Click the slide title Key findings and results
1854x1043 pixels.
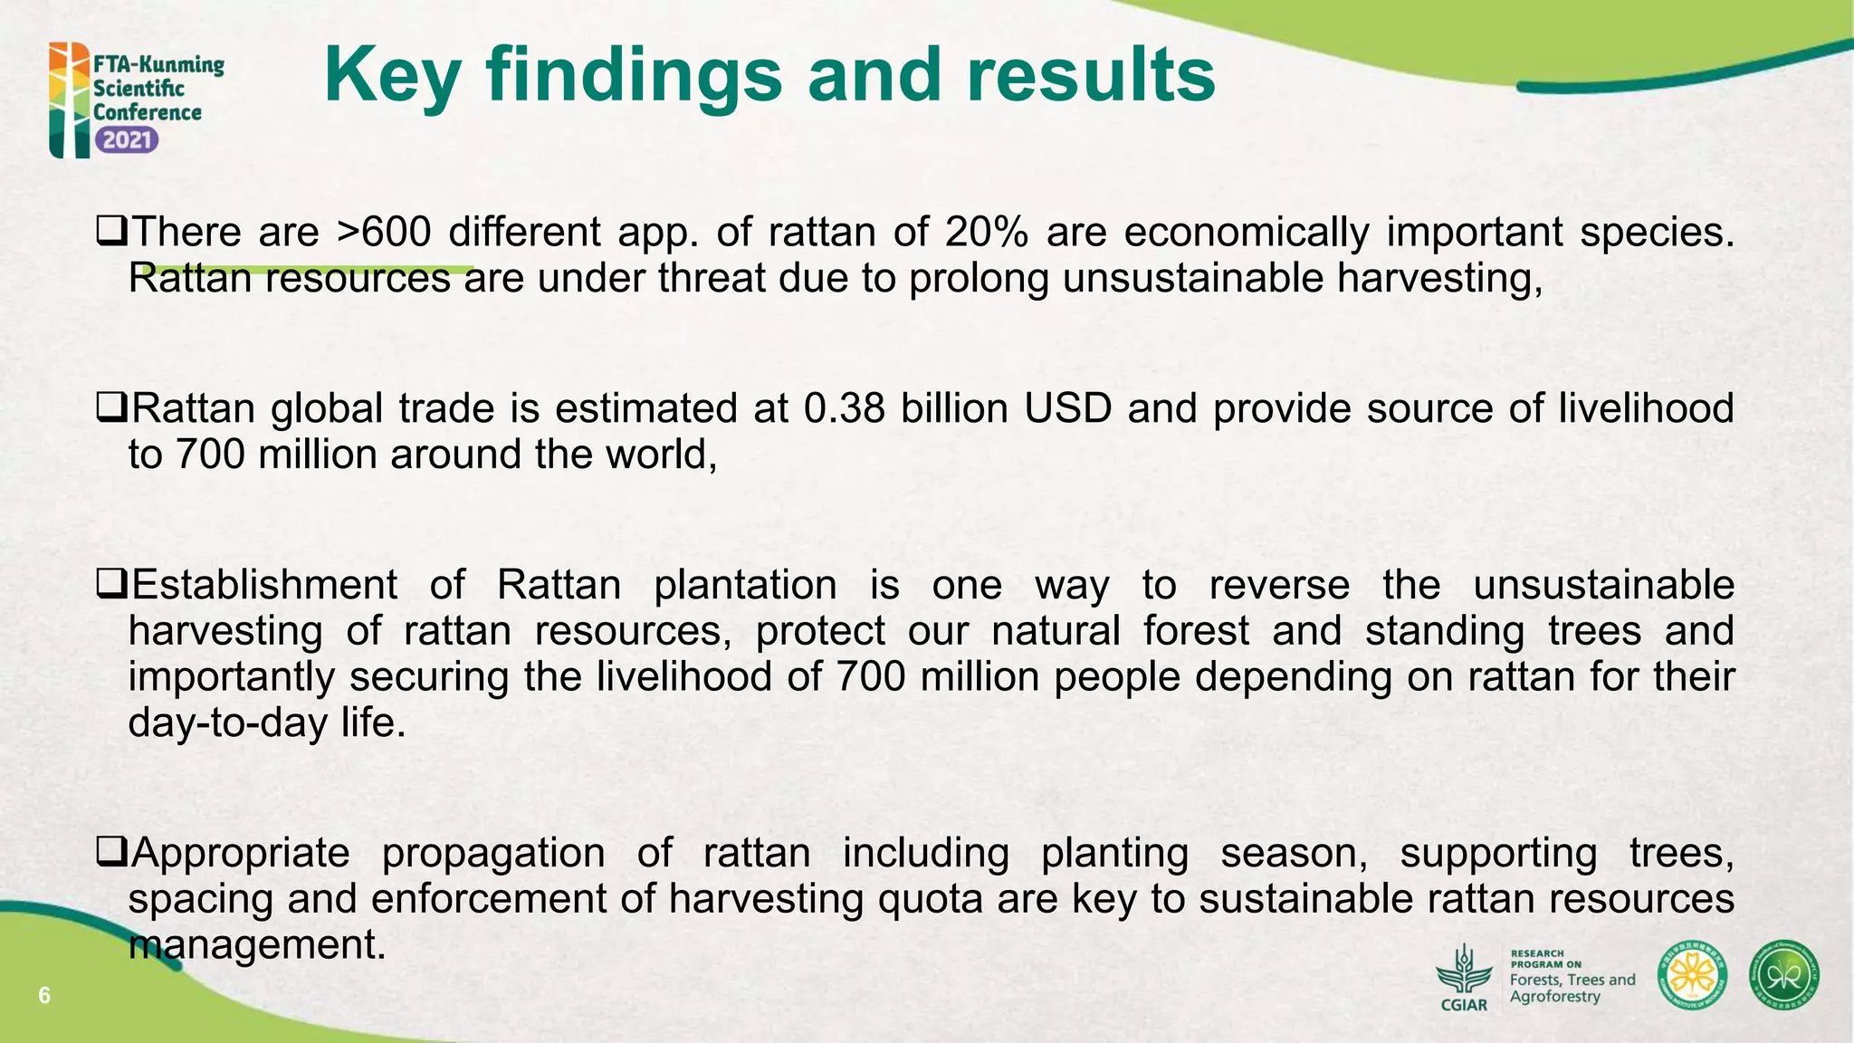(769, 76)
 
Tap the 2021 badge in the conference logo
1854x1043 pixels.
(127, 140)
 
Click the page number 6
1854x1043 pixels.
(43, 997)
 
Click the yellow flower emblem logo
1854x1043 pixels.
(1692, 976)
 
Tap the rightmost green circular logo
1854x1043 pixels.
(1783, 976)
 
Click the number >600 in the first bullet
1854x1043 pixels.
(383, 232)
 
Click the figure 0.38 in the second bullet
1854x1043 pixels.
(844, 408)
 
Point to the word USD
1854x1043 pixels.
(1068, 408)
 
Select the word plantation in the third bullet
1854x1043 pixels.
(745, 585)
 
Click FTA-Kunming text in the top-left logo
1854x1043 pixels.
(158, 64)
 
